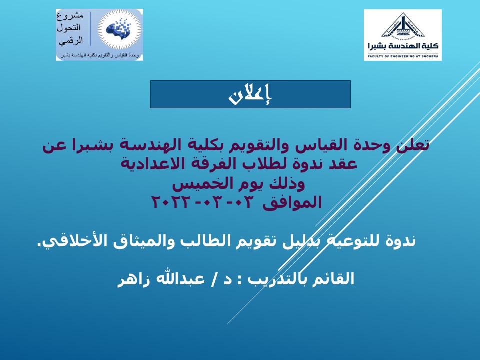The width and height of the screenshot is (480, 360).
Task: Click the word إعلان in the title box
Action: point(250,94)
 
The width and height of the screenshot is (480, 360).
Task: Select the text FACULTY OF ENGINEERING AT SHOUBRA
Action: point(403,56)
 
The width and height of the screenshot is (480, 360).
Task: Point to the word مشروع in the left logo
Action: point(70,16)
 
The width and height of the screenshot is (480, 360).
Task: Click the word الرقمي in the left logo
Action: point(71,41)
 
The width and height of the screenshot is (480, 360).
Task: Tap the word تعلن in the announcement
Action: point(413,145)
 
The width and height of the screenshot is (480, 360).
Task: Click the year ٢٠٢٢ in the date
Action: point(171,202)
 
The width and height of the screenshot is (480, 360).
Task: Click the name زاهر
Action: point(134,279)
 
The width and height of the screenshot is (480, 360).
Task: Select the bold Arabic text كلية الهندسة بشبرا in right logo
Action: point(403,46)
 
